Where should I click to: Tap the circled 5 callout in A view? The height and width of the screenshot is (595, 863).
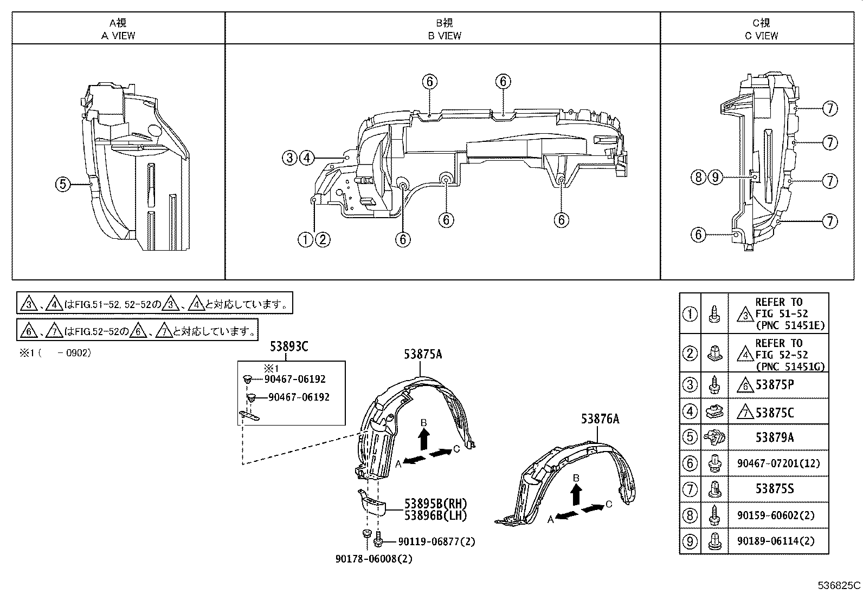coord(63,184)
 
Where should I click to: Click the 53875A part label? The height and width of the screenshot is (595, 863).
coord(422,355)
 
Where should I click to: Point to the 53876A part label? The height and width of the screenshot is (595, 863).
coord(600,419)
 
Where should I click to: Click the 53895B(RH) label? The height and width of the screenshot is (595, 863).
coord(435,504)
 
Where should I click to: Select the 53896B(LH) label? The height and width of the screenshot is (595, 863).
coord(435,515)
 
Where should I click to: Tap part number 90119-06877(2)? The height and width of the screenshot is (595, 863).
coord(436,541)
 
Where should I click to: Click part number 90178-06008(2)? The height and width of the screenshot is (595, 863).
coord(373,559)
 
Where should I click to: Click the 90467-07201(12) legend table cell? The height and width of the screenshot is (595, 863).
coord(778,463)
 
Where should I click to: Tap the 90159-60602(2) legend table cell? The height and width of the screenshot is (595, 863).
coord(778,515)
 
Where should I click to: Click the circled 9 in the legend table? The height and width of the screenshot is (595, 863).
coord(690,541)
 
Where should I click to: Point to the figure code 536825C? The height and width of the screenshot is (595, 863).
coord(839,585)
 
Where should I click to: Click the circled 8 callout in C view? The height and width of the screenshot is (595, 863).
coord(699,177)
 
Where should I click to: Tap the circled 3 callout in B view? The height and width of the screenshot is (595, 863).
coord(290,158)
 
